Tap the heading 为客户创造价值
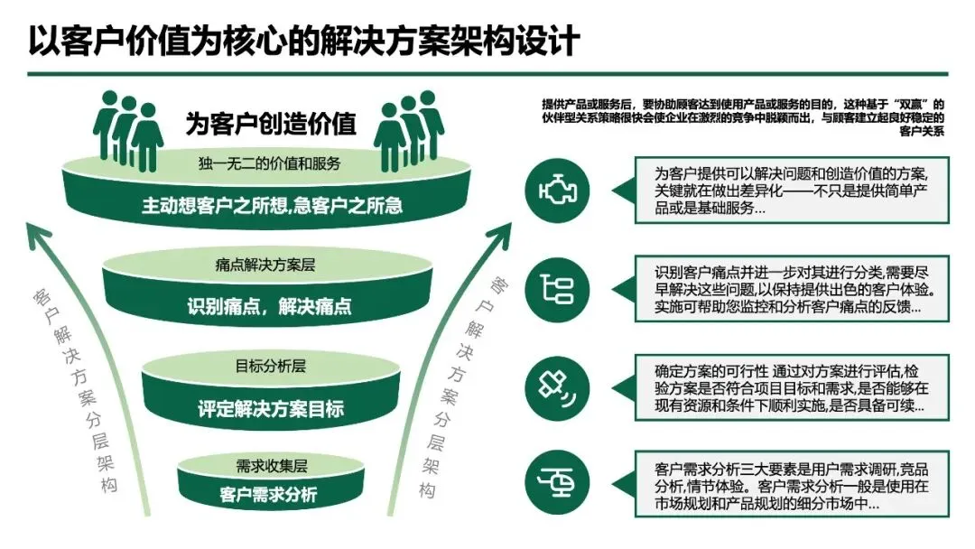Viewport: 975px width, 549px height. click(271, 123)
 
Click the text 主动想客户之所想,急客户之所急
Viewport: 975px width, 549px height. click(272, 205)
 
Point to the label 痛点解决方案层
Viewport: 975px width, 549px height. click(265, 265)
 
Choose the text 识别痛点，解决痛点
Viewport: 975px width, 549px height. click(270, 306)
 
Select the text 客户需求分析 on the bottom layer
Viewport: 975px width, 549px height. click(268, 495)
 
